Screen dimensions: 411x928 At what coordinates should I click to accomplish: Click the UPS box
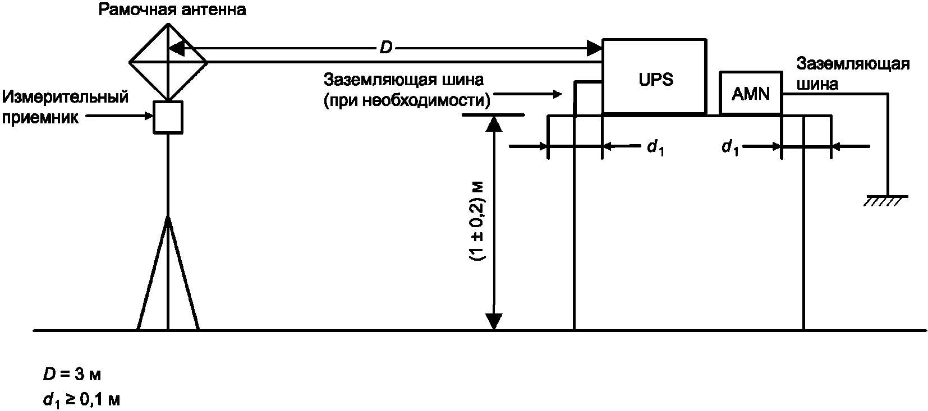pos(654,77)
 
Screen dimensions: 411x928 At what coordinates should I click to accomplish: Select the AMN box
pos(751,93)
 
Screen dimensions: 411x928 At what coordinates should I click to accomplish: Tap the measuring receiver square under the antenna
pos(168,117)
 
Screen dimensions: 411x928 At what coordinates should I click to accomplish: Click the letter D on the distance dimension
pos(386,48)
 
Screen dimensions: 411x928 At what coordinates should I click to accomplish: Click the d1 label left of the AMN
pos(729,147)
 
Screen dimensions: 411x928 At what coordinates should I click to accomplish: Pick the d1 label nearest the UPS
pos(655,147)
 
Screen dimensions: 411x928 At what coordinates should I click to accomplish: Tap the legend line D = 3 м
pos(72,374)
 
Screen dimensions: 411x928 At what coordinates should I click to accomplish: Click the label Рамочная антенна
pos(172,10)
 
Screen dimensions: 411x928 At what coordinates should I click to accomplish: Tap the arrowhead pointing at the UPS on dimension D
pos(594,48)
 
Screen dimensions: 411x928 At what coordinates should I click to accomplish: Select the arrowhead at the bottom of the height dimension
pos(494,321)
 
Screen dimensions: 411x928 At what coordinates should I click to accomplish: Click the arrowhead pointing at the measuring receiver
pos(149,117)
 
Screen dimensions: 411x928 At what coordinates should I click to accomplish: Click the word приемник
pos(40,118)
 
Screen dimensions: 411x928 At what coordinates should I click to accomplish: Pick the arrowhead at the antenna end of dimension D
pos(177,48)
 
